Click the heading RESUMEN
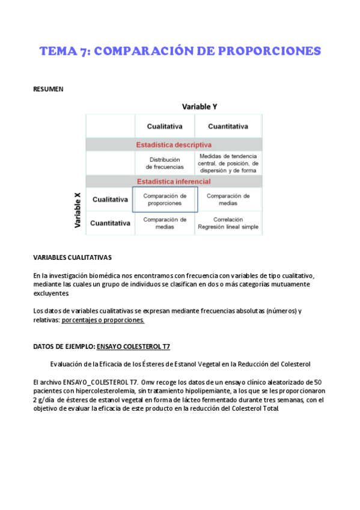[x=48, y=90]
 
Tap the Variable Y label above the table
[x=200, y=106]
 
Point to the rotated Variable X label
[x=78, y=210]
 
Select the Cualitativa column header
[x=165, y=126]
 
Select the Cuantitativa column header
[x=228, y=126]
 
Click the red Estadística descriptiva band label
[x=174, y=145]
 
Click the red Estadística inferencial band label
[x=174, y=182]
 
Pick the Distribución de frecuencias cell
[x=165, y=163]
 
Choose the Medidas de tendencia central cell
[x=228, y=163]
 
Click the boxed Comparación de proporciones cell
[x=165, y=200]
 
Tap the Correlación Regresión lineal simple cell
[x=228, y=223]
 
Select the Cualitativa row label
[x=110, y=200]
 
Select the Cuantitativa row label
[x=110, y=223]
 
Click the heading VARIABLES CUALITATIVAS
[x=72, y=257]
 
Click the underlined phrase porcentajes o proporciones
[x=103, y=321]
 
